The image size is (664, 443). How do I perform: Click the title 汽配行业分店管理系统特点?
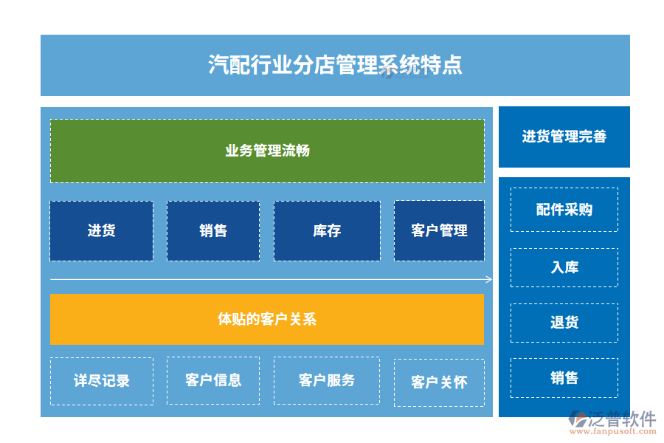click(x=335, y=65)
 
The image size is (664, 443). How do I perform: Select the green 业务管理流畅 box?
click(x=267, y=151)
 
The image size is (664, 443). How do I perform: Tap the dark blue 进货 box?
click(x=101, y=230)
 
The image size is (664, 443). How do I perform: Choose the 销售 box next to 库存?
click(x=212, y=230)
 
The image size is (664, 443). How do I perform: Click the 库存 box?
click(x=327, y=230)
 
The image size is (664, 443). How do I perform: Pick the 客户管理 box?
click(x=439, y=230)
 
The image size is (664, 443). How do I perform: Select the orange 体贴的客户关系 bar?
click(x=267, y=319)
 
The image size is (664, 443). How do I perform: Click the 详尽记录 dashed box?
click(x=102, y=381)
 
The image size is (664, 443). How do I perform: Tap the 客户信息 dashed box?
click(x=212, y=380)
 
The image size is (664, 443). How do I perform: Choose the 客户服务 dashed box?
click(x=327, y=380)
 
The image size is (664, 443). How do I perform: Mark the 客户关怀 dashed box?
click(x=439, y=382)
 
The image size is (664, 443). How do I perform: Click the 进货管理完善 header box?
click(x=564, y=137)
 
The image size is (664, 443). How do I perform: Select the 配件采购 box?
click(x=564, y=210)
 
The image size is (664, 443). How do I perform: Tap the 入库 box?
click(x=564, y=267)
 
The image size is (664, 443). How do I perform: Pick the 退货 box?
click(x=564, y=322)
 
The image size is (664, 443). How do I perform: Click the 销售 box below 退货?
click(x=564, y=378)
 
